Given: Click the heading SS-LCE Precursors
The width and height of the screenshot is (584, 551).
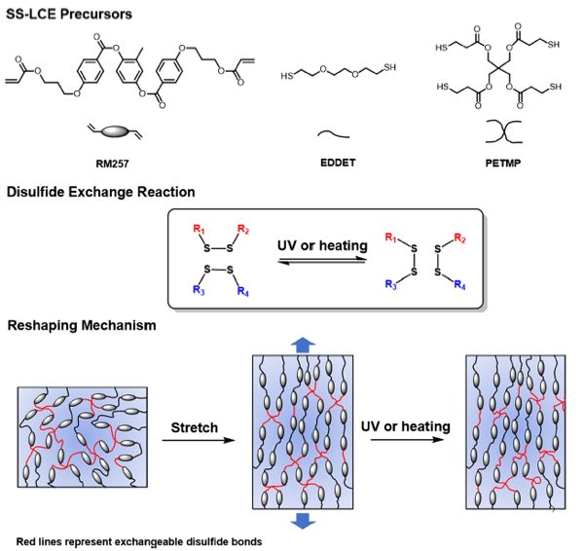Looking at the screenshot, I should point(69,14).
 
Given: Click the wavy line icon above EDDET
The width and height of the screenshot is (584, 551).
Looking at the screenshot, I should point(337,129).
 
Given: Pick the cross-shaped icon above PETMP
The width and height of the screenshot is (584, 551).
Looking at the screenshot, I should point(492,129).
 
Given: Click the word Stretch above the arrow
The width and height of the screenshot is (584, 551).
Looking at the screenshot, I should point(195,427).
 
